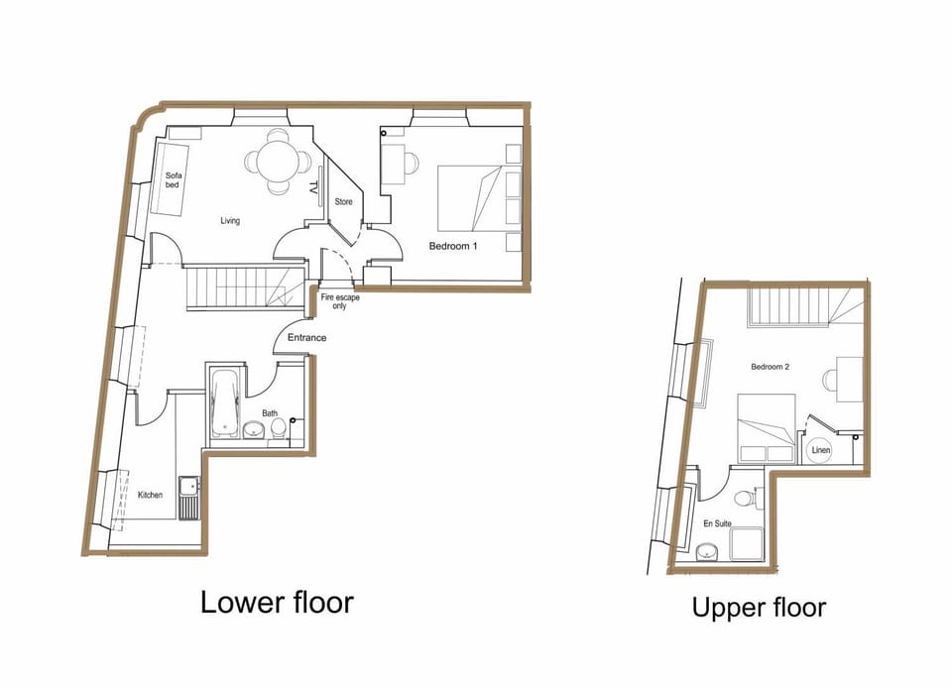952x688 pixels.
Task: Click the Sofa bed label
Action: click(174, 181)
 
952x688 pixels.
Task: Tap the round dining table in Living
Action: click(271, 160)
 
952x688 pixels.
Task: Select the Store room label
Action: click(343, 202)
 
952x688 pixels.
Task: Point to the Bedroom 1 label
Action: click(453, 246)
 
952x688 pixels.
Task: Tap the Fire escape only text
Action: click(339, 301)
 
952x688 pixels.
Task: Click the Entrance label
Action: click(306, 339)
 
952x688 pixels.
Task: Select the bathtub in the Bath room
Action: click(225, 403)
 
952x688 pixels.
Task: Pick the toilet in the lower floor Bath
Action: click(279, 426)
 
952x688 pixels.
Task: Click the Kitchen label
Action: click(150, 495)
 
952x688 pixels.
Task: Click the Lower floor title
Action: click(277, 602)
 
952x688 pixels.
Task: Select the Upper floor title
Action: click(759, 607)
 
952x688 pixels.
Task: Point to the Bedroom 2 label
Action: click(770, 367)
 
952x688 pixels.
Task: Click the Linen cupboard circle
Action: click(821, 451)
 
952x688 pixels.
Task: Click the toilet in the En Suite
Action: click(746, 498)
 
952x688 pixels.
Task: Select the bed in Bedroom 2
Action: click(766, 427)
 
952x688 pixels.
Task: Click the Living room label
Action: click(230, 221)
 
